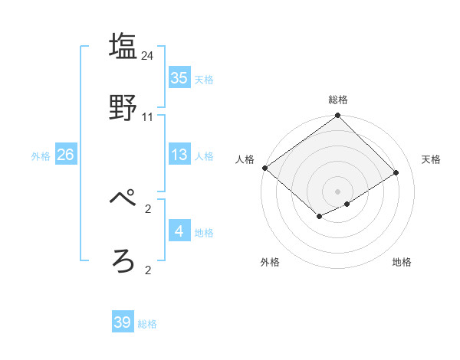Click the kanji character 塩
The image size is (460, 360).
coord(123,46)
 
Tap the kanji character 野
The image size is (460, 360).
coord(123,107)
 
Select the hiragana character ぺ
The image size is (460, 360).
coord(123,199)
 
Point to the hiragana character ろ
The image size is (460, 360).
coord(123,261)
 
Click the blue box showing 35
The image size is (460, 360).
coord(179,78)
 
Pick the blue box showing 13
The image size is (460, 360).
coord(179,155)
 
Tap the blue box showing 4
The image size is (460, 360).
coord(179,231)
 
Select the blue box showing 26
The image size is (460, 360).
coord(65,155)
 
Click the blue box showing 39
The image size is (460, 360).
coord(123,322)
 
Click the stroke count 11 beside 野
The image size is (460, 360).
coord(148,117)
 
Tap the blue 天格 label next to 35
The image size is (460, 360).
coord(204,80)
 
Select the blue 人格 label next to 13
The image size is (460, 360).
coord(204,156)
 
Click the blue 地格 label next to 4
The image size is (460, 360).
coord(204,233)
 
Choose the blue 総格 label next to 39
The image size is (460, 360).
coord(147,324)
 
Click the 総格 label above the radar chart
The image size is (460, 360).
coord(338,100)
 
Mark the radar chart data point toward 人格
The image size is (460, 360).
coord(264,168)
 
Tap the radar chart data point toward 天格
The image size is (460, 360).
coord(396,172)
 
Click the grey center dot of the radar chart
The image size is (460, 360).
coord(337,191)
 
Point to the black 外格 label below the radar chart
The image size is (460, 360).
coord(270,262)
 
